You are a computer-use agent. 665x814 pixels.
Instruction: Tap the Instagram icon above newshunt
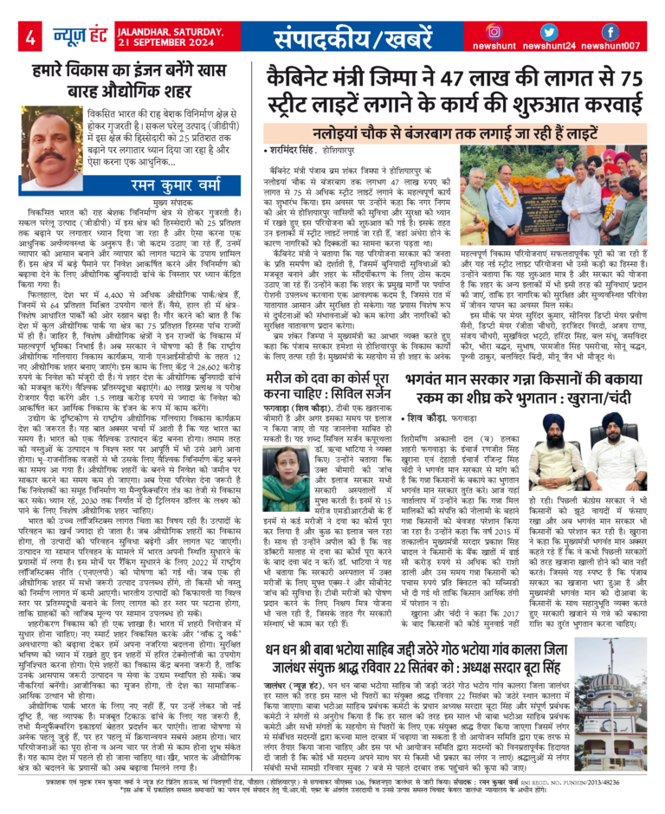point(494,31)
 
